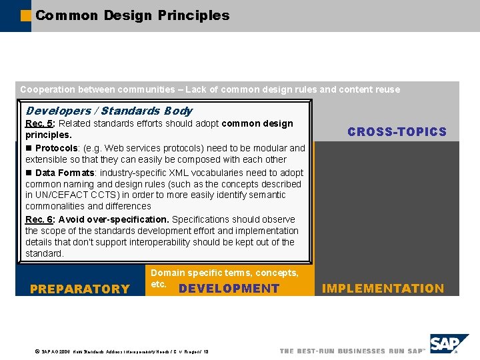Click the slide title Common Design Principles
tap(133, 15)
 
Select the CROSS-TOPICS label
tap(397, 132)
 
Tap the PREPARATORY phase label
tap(80, 289)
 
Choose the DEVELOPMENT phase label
tap(229, 289)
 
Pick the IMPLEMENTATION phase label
tap(383, 289)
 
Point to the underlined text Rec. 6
tap(39, 219)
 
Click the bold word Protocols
tap(57, 148)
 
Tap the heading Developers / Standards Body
tap(109, 111)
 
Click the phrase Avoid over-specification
tap(114, 219)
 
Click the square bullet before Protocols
tap(29, 148)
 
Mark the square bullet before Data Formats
tap(29, 173)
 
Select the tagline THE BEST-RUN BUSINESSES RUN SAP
tap(351, 351)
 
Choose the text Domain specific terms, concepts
tap(224, 273)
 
